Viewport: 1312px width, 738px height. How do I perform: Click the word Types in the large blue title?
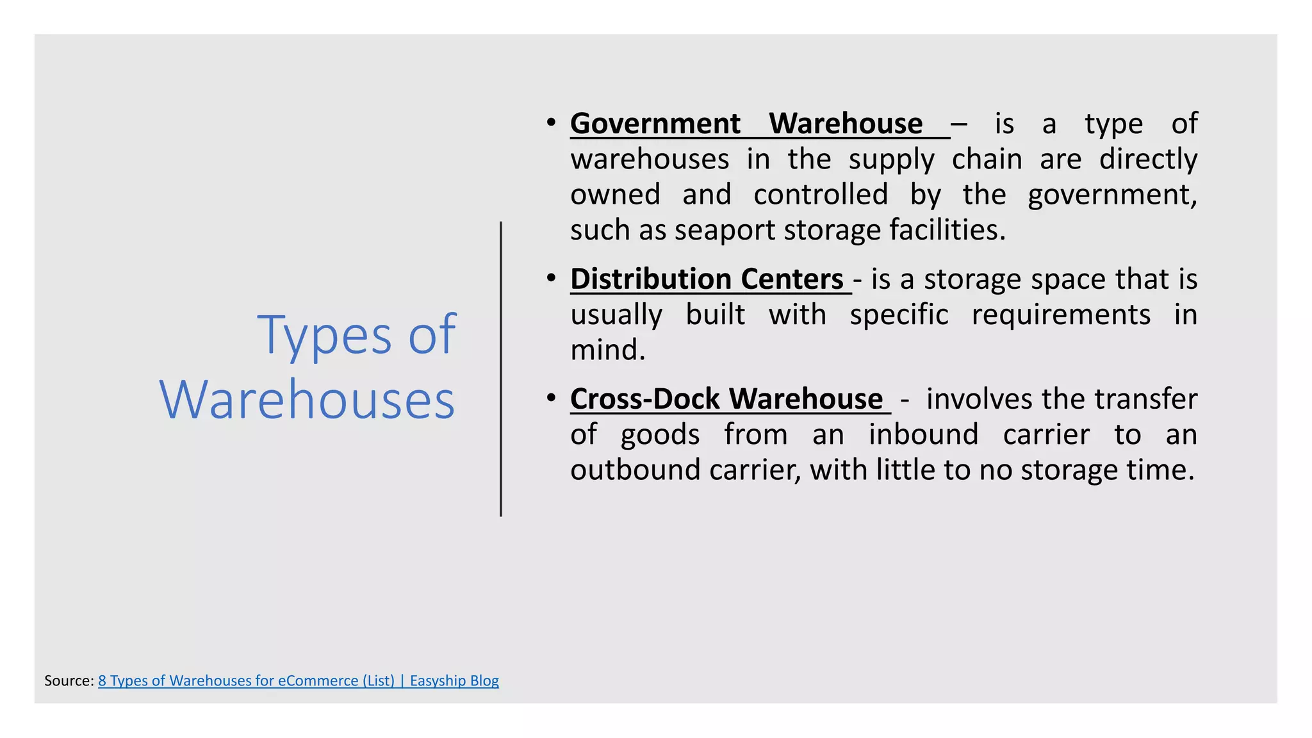(324, 335)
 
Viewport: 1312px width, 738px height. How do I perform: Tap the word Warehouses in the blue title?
(307, 400)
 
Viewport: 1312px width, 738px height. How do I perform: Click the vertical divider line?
(501, 368)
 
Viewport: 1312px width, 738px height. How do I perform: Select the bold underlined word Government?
(655, 124)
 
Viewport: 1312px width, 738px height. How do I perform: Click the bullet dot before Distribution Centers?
(551, 278)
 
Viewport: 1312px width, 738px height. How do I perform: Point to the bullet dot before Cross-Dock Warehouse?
(551, 398)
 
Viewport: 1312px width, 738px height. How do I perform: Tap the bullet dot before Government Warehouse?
(551, 122)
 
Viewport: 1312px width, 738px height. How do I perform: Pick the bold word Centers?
(792, 279)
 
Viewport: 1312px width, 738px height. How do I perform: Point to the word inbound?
(923, 434)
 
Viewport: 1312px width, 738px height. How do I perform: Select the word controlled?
(821, 195)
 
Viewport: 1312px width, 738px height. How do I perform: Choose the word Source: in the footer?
(69, 681)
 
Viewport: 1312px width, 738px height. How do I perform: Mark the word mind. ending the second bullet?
(608, 350)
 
